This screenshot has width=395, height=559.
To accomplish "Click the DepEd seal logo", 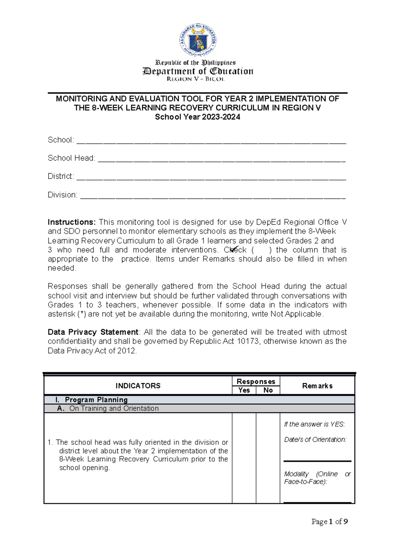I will (198, 41).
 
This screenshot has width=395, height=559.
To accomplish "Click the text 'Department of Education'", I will (198, 71).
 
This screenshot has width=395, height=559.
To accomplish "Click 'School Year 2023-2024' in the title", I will (197, 117).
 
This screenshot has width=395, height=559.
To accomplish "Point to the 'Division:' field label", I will (63, 195).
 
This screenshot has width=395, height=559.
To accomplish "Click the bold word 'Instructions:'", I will (72, 222).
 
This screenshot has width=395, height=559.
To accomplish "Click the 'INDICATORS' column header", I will (138, 386).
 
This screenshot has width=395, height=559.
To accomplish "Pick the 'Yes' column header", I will (244, 390).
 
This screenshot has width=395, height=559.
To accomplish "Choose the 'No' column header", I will (268, 390).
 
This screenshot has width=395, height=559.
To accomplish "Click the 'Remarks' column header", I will (317, 386).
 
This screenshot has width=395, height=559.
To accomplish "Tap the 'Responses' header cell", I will (256, 382).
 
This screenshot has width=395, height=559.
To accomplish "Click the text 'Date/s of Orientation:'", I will (315, 439).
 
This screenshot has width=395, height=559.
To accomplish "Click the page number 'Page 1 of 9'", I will (329, 521).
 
